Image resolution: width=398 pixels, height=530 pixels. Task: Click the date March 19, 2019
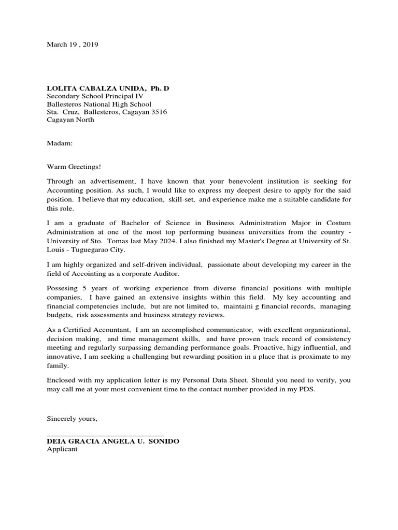point(72,45)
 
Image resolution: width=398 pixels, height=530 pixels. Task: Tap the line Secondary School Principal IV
point(95,96)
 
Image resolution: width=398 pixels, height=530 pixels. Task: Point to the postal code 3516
point(159,112)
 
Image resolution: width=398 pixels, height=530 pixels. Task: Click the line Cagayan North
point(70,120)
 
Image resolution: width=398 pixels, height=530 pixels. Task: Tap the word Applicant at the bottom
point(62,449)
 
